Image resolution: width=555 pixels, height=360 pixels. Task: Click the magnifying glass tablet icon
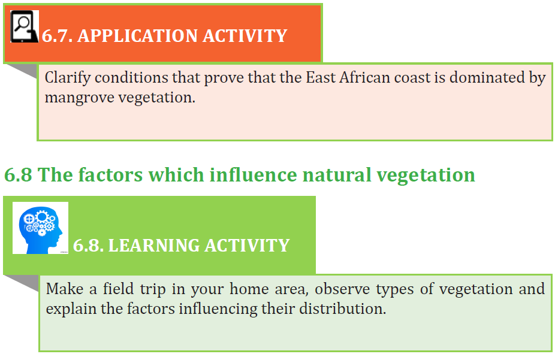pyautogui.click(x=24, y=26)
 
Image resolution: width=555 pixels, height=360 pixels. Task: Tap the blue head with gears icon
pyautogui.click(x=40, y=228)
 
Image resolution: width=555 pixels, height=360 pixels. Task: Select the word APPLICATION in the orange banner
pyautogui.click(x=137, y=36)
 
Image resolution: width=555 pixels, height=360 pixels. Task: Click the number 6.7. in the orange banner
pyautogui.click(x=57, y=36)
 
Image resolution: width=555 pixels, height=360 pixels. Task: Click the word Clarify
pyautogui.click(x=68, y=77)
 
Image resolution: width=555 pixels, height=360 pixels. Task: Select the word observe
pyautogui.click(x=342, y=289)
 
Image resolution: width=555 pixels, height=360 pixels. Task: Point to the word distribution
pyautogui.click(x=342, y=308)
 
